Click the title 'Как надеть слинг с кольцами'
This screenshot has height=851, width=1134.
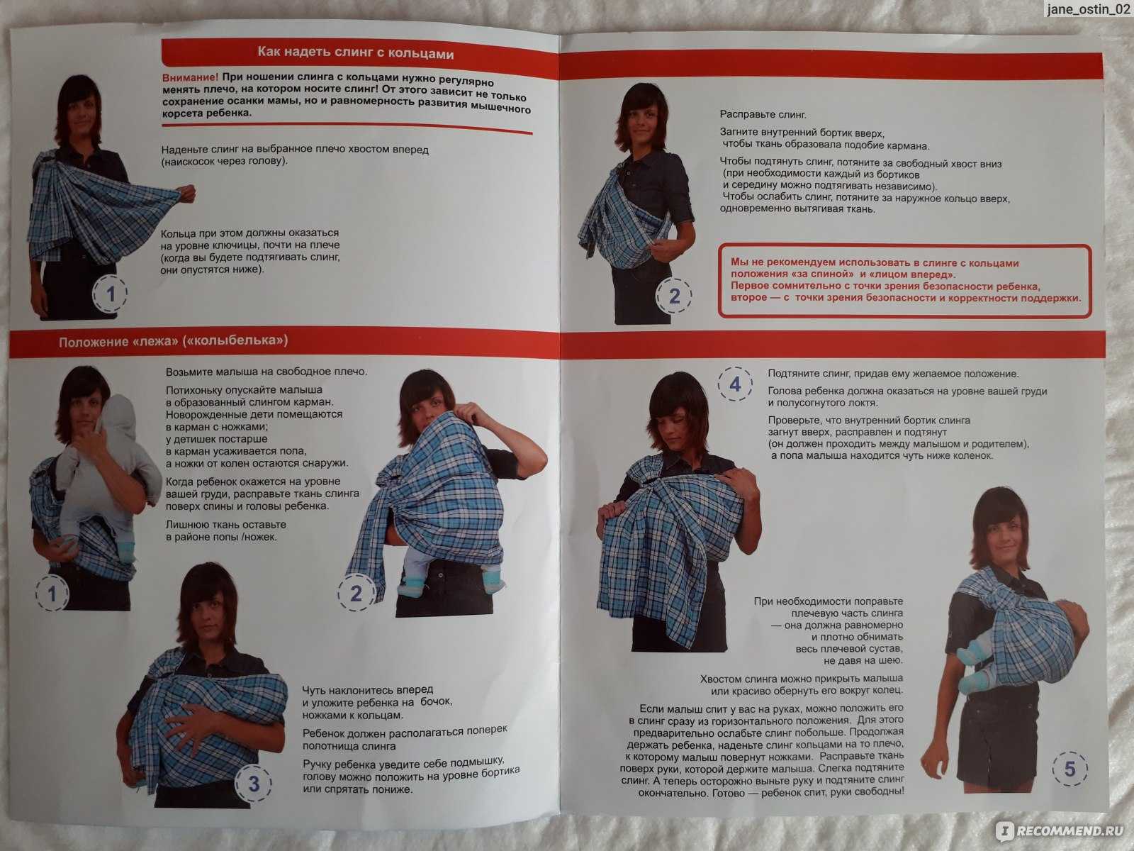click(356, 52)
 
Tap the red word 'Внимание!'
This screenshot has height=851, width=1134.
click(190, 77)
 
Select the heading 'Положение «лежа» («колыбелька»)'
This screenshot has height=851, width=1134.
click(173, 341)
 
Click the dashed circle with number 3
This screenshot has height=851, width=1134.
click(253, 783)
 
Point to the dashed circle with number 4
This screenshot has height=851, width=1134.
click(735, 384)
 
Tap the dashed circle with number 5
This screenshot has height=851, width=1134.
click(1070, 769)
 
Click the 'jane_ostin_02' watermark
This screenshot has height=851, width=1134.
click(1088, 9)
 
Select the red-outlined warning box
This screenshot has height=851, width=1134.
click(904, 281)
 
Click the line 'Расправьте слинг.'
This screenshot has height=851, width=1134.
click(763, 114)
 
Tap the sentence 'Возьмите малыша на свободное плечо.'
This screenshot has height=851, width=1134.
click(266, 372)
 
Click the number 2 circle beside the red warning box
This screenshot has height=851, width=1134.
click(674, 296)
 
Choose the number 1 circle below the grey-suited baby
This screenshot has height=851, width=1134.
click(52, 594)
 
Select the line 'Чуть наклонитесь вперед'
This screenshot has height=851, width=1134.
click(368, 690)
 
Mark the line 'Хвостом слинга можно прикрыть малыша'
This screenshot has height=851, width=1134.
click(802, 679)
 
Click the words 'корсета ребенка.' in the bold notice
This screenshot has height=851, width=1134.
click(207, 113)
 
